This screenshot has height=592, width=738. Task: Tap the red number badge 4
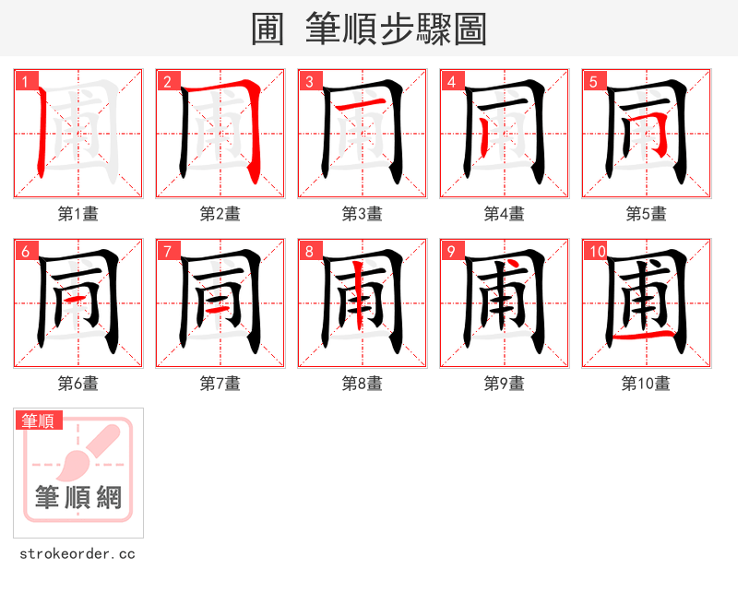point(452,81)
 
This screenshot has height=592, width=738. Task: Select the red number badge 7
point(168,251)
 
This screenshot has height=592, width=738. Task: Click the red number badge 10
point(597,251)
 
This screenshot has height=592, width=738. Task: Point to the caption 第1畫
point(77,214)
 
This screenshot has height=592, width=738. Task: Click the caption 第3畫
point(362,214)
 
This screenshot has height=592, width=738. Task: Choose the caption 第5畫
point(646,214)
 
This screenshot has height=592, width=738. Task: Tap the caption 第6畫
point(77,384)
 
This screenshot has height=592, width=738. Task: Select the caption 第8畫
point(362,384)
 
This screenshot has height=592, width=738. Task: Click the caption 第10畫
point(646,384)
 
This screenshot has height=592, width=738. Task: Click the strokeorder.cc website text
point(77,554)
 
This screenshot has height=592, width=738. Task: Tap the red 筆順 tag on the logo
point(39,420)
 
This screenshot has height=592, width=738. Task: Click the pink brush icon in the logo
point(92,452)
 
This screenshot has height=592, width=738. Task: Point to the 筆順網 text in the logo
point(78,499)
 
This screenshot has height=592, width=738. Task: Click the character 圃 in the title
point(270,29)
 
